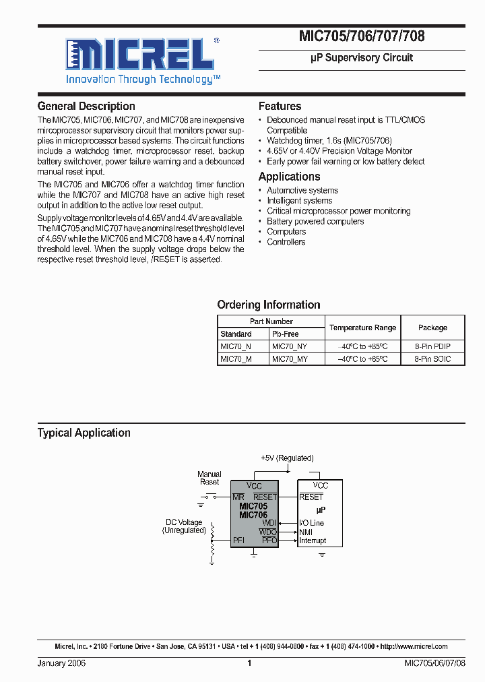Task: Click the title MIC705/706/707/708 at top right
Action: coord(362,36)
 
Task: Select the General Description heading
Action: coord(86,106)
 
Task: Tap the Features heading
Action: coord(280,106)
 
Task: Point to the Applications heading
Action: coord(289,177)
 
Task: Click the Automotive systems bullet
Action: coord(302,190)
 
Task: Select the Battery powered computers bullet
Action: coord(315,221)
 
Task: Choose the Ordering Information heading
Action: coord(268,305)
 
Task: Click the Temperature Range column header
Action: coord(362,328)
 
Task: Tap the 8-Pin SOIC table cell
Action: coord(432,359)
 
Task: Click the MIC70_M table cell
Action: coord(236,359)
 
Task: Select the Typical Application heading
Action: coord(84,433)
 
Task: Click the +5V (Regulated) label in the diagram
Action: coord(287,458)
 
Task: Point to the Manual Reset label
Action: coord(209,478)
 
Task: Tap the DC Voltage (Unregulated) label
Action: coord(184,526)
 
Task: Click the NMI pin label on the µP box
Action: coord(305,532)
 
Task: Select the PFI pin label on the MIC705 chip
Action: coord(238,540)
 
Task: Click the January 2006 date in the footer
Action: coord(61,663)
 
